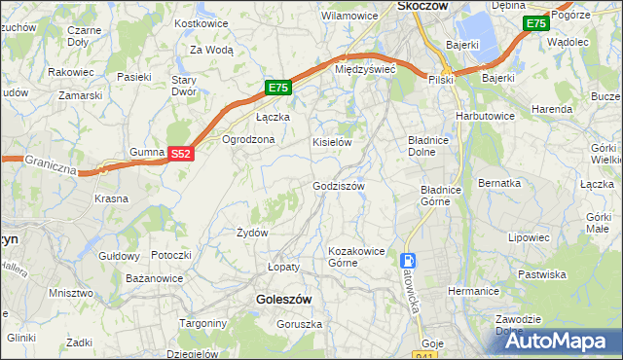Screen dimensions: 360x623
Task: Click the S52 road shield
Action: (x=181, y=154)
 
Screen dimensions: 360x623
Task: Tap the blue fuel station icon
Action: (x=407, y=261)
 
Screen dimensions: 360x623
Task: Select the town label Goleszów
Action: (x=283, y=301)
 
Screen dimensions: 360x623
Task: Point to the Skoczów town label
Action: (x=422, y=6)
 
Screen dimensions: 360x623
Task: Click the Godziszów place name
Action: (x=338, y=186)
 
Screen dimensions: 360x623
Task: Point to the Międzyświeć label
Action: (x=364, y=70)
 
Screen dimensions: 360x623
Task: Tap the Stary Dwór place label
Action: (x=184, y=86)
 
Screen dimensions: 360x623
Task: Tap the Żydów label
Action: (x=252, y=233)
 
